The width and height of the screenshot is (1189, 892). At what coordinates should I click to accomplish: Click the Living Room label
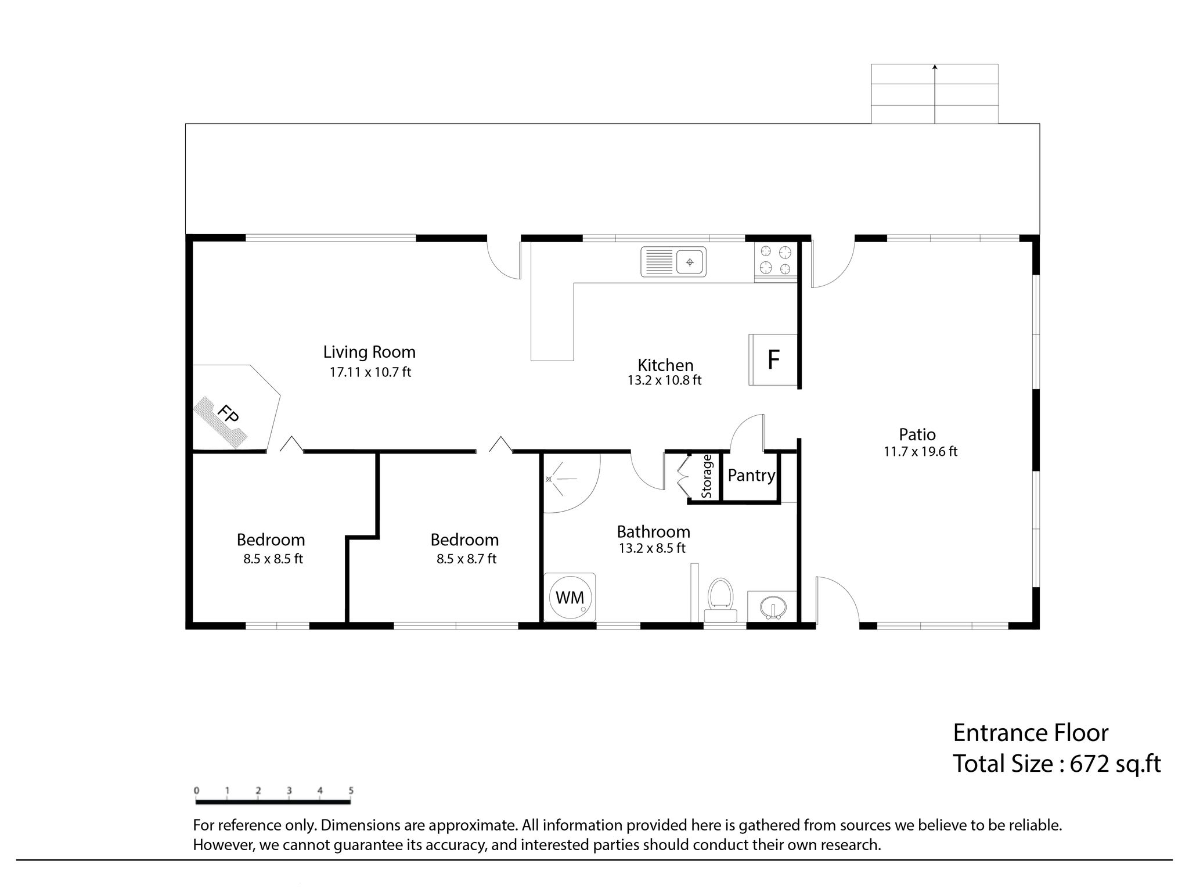[369, 352]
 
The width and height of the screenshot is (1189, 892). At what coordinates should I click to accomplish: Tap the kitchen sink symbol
[673, 262]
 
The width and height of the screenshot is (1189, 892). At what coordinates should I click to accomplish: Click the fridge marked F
[773, 359]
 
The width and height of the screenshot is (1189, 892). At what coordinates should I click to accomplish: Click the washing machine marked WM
[570, 598]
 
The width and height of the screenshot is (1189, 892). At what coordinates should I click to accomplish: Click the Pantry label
[752, 476]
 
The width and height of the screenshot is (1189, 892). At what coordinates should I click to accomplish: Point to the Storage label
[707, 476]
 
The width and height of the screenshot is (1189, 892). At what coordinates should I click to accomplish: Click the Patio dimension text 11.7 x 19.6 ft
[921, 451]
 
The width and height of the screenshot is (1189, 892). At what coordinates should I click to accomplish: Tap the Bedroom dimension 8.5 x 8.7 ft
[467, 559]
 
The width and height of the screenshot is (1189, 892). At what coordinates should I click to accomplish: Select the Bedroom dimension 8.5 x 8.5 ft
[273, 559]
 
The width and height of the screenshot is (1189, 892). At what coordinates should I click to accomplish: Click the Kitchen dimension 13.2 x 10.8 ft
[665, 380]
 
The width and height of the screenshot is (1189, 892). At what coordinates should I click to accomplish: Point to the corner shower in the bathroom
[569, 482]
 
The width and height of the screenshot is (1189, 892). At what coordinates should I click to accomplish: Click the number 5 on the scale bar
[351, 790]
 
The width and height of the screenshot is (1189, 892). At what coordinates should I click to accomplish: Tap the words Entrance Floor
[1031, 733]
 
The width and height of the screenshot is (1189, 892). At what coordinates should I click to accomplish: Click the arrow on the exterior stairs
[935, 93]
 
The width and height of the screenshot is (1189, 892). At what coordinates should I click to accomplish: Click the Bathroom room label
[653, 532]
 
